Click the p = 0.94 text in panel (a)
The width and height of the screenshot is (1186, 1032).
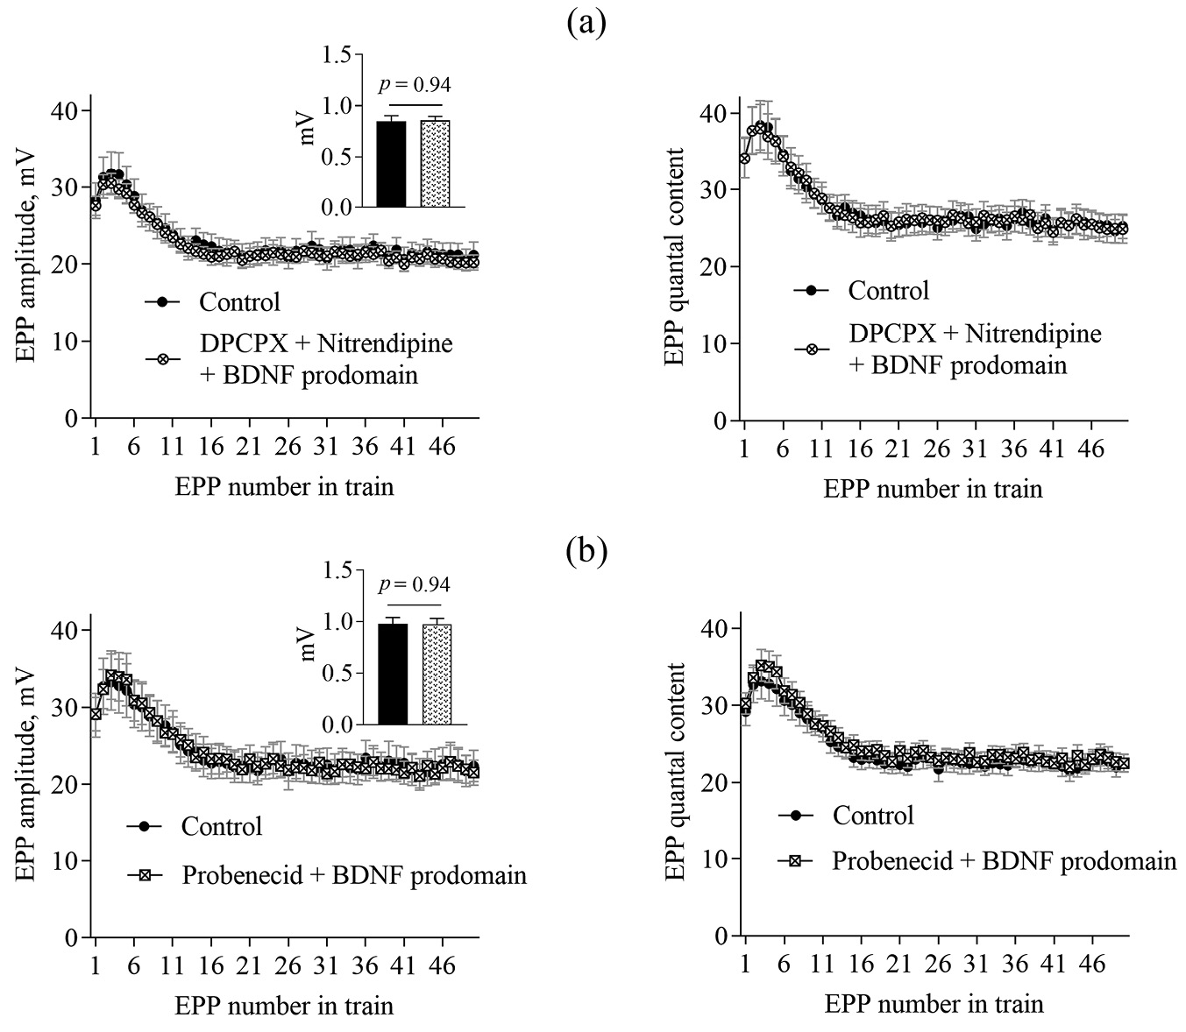pos(415,85)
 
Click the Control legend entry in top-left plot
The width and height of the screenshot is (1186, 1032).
pos(239,302)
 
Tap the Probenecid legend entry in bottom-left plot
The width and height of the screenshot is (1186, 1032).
pos(354,874)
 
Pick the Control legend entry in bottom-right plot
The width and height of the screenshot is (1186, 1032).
pos(872,815)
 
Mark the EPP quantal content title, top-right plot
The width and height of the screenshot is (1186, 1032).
pos(674,258)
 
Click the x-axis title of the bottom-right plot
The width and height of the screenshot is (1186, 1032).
pos(934,1003)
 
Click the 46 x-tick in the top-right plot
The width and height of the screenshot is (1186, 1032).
pos(1091,449)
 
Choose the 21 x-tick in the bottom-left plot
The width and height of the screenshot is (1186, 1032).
pos(250,965)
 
